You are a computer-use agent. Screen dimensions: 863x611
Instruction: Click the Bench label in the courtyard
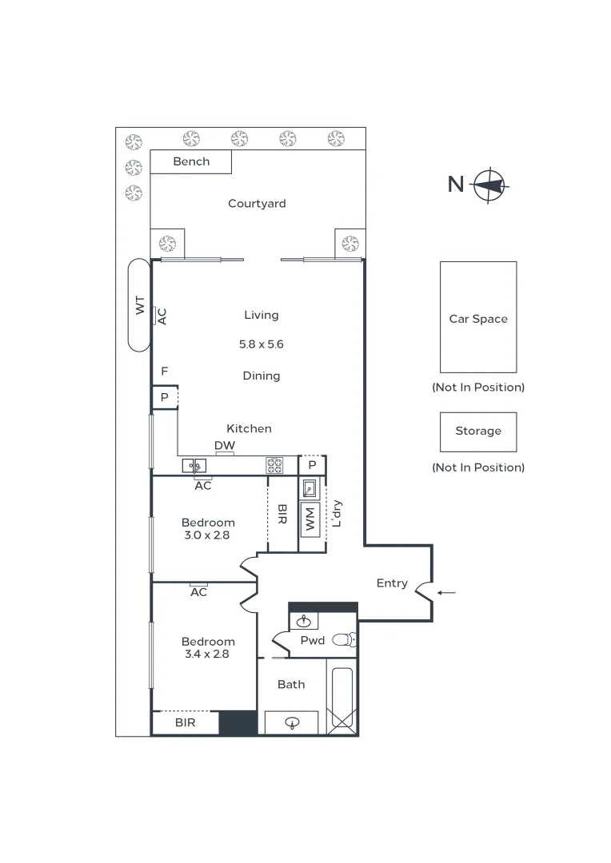coord(191,161)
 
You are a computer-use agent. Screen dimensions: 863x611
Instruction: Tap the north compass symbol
coord(489,185)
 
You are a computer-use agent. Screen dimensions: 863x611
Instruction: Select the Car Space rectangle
coord(478,317)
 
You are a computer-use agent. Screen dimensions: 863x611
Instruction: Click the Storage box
coord(478,431)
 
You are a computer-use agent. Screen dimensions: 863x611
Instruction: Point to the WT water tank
coord(139,304)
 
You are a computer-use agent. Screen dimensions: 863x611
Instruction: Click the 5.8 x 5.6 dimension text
coord(262,345)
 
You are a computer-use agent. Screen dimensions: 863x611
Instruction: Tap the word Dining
coord(262,376)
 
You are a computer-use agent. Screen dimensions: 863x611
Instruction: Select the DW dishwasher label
coord(224,446)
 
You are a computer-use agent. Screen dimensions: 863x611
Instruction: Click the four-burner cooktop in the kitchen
coord(274,465)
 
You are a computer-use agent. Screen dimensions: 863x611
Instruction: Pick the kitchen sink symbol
coord(194,465)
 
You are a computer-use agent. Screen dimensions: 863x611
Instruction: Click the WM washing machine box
coord(310,519)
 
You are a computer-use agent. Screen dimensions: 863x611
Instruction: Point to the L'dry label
coord(337,513)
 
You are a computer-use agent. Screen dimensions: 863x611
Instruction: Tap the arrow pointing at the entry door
coord(448,593)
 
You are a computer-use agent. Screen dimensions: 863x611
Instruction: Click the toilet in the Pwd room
coord(344,639)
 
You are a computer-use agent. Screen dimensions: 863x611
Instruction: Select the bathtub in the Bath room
coord(342,697)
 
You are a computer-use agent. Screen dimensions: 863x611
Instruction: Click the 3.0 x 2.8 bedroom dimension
coord(207,535)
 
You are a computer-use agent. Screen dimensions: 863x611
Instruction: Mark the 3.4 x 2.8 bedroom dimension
coord(207,654)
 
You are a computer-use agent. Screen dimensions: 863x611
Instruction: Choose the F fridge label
coord(164,372)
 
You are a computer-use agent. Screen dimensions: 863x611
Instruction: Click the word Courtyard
coord(257,204)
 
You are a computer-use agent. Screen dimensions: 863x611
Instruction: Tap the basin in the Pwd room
coord(304,621)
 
